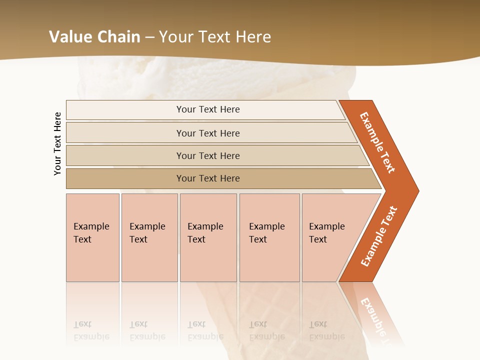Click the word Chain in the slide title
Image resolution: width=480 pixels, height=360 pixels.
pos(117,37)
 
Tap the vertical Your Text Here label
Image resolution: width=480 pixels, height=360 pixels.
pos(58,144)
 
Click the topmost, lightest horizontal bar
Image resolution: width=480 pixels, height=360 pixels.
pos(208,109)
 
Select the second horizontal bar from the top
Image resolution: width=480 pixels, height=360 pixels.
pos(208,133)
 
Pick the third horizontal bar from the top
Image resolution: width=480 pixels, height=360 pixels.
pos(208,155)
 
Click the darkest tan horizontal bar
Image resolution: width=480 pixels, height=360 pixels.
pos(208,178)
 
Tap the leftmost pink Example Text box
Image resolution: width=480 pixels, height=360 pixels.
pos(92,237)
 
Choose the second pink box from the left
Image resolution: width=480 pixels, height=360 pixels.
pos(149,237)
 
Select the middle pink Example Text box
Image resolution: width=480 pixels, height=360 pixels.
pos(208,237)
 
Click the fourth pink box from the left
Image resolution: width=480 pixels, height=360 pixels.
pos(269,237)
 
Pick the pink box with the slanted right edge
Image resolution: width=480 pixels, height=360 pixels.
pos(327,237)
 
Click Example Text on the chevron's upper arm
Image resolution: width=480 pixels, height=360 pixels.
pos(378,142)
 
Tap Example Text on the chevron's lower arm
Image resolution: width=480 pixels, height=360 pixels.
pos(379,236)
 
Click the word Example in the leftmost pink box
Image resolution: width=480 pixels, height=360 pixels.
pos(91,226)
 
